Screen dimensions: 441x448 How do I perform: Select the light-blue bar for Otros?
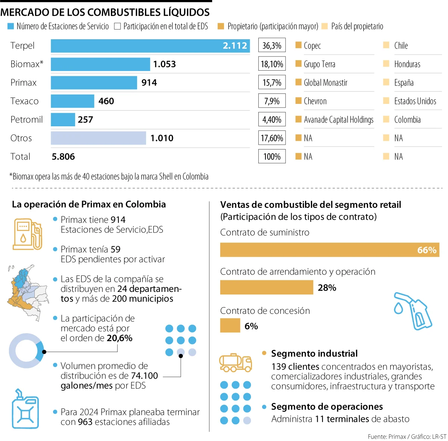click(98, 138)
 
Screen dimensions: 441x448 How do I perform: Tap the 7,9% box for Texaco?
click(272, 101)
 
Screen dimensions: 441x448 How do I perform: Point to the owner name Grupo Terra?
click(319, 64)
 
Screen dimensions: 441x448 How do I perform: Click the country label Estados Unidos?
click(415, 101)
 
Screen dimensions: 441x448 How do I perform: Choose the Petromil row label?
click(27, 120)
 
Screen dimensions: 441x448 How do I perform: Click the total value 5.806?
click(63, 157)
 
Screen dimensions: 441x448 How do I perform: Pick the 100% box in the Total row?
click(272, 157)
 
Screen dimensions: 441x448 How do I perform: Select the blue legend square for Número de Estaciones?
click(11, 27)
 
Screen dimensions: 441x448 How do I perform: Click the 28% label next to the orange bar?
click(327, 288)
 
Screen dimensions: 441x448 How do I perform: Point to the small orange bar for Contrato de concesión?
click(230, 326)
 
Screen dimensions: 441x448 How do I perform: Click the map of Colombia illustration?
click(27, 292)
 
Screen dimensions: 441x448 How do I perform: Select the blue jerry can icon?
click(25, 410)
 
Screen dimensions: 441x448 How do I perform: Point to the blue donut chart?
click(26, 351)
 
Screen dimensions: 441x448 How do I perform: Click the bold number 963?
click(85, 422)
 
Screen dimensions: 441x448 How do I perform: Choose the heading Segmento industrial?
click(314, 354)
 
